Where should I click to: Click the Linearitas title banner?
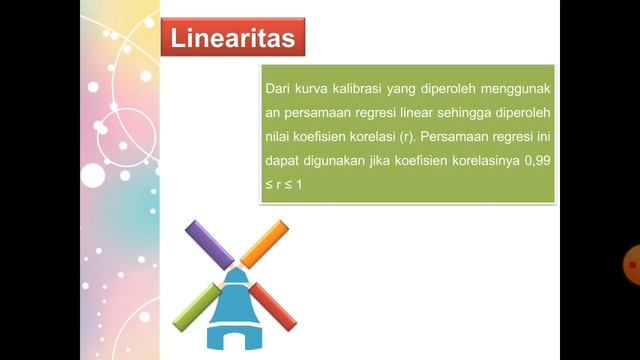[x=233, y=39]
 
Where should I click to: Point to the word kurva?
[x=314, y=90]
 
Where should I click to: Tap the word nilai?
[x=279, y=137]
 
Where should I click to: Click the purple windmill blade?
[x=210, y=245]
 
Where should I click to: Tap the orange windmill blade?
[x=264, y=244]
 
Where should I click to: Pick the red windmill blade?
[x=273, y=305]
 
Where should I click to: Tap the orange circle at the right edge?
[x=632, y=264]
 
